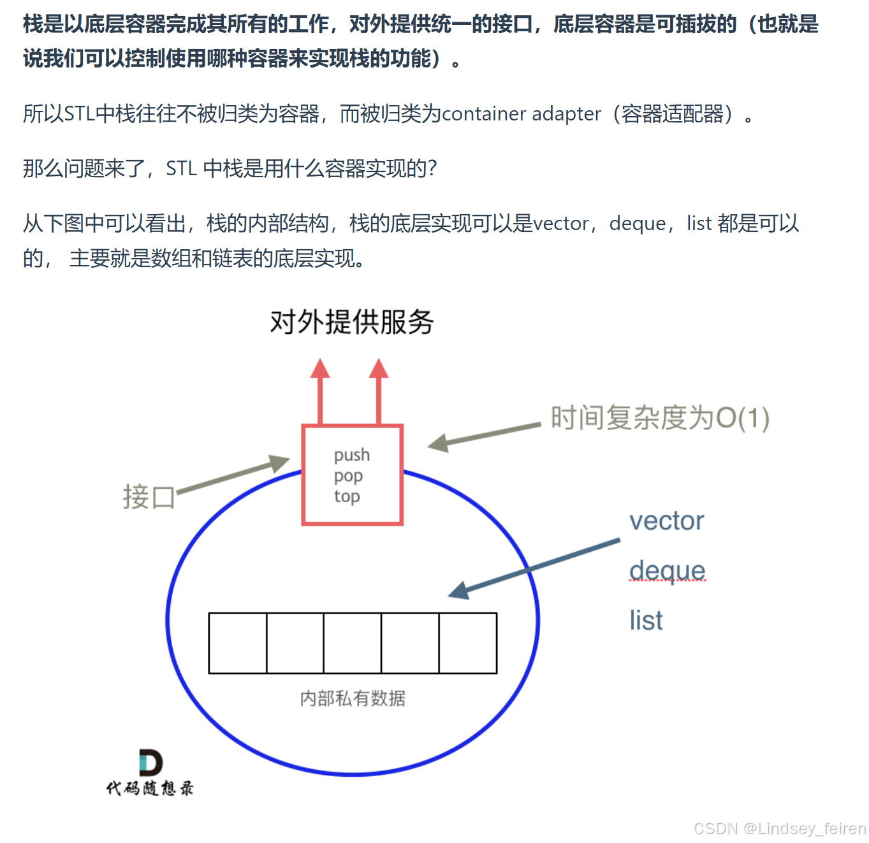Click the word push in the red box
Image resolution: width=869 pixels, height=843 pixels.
[x=351, y=455]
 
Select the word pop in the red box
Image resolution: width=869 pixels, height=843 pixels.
[x=348, y=476]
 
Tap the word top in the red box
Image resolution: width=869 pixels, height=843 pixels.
[x=347, y=496]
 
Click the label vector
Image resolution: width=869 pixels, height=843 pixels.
[x=666, y=521]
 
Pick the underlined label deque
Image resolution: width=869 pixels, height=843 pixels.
[x=667, y=571]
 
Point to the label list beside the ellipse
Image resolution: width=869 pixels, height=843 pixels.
[x=646, y=621]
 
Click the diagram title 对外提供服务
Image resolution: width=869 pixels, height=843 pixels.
[x=351, y=322]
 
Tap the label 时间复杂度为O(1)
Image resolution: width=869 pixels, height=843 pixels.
[x=660, y=419]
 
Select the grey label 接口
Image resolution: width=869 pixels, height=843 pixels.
[x=149, y=497]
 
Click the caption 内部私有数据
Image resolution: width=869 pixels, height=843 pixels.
[x=353, y=698]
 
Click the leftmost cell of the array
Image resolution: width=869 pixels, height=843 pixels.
[x=238, y=643]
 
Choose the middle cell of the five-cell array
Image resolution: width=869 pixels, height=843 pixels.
[x=353, y=643]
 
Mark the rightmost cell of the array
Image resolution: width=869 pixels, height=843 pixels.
[x=468, y=643]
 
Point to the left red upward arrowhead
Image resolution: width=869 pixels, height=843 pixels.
[x=320, y=369]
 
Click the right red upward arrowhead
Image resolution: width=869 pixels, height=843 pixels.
[x=379, y=369]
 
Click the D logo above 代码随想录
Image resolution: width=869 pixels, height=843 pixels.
[x=150, y=763]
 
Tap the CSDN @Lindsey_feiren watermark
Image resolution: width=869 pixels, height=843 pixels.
[x=779, y=828]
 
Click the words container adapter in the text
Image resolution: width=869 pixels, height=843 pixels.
[x=521, y=114]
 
